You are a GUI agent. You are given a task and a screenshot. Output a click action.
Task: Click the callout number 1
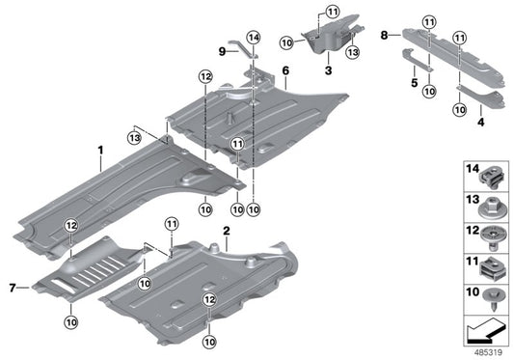99,150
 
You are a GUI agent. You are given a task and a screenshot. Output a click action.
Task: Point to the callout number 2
225,233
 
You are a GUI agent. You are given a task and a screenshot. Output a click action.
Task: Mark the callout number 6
285,71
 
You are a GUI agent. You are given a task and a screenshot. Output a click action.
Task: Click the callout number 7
12,288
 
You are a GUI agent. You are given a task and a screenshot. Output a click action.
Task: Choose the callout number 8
384,35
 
